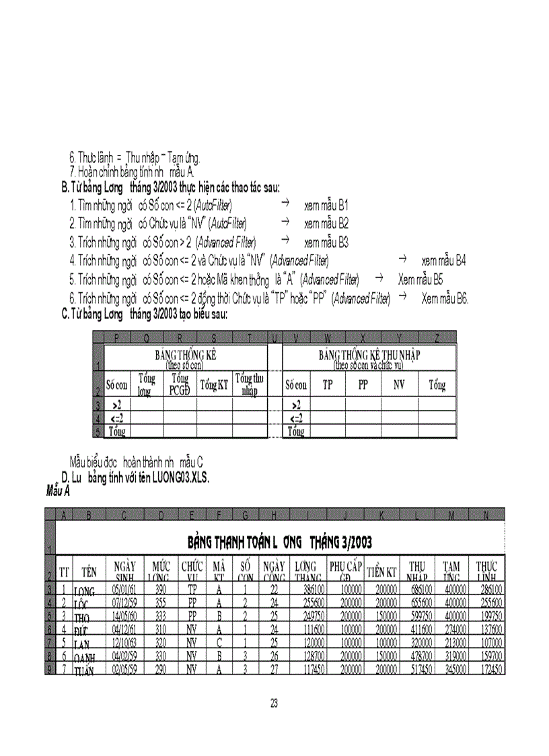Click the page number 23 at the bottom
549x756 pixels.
point(274,703)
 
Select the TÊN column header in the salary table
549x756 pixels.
point(88,572)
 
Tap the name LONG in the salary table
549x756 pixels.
point(85,591)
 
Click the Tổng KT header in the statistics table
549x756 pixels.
point(213,385)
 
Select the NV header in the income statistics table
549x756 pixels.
point(399,385)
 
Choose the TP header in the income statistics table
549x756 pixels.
point(328,385)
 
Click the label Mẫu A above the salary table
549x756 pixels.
point(58,491)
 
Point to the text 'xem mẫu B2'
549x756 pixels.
point(326,223)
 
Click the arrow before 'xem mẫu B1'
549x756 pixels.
point(285,203)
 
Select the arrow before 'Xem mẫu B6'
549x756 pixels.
point(403,297)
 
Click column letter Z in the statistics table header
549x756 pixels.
point(437,337)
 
